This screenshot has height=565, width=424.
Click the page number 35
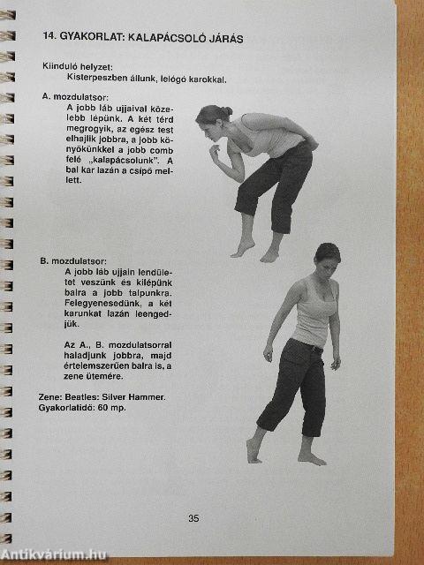click(x=193, y=518)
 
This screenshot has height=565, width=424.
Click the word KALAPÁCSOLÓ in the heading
click(x=167, y=38)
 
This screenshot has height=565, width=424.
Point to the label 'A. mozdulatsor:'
click(x=75, y=96)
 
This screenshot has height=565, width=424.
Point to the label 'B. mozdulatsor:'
click(x=73, y=261)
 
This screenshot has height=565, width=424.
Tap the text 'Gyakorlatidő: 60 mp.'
click(x=82, y=408)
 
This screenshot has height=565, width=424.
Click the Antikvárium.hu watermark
click(x=53, y=555)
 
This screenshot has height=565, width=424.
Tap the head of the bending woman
click(x=212, y=123)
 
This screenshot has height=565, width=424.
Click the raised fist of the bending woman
click(x=215, y=153)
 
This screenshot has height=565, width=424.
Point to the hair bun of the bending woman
click(x=226, y=112)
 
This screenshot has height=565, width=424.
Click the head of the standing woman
click(x=328, y=259)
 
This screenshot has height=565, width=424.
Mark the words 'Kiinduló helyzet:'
click(x=78, y=67)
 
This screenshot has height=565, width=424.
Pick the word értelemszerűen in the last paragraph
click(x=96, y=366)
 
